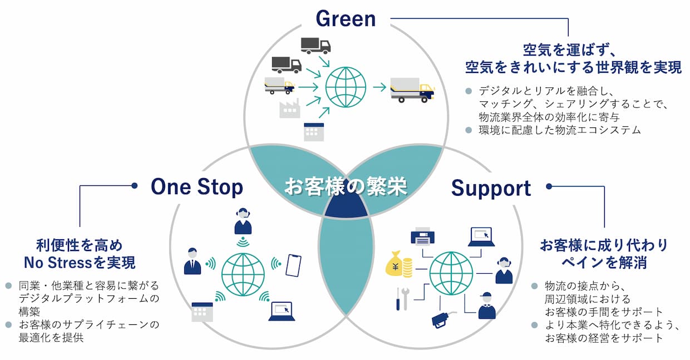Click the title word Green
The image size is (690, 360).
pyautogui.click(x=346, y=18)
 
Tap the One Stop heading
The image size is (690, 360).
pyautogui.click(x=197, y=187)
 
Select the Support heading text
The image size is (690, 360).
pyautogui.click(x=491, y=188)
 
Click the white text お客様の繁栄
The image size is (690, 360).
pyautogui.click(x=346, y=186)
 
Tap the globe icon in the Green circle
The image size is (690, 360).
pyautogui.click(x=346, y=87)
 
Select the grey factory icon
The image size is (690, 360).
pyautogui.click(x=289, y=108)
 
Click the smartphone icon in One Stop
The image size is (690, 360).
pyautogui.click(x=293, y=265)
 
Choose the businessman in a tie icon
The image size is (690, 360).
pyautogui.click(x=193, y=261)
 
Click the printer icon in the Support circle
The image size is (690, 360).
pyautogui.click(x=422, y=236)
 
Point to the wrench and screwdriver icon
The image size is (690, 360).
pyautogui.click(x=402, y=299)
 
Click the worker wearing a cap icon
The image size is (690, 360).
pyautogui.click(x=486, y=305)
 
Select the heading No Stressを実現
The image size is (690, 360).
pyautogui.click(x=80, y=262)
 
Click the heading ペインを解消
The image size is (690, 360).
pyautogui.click(x=604, y=263)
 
